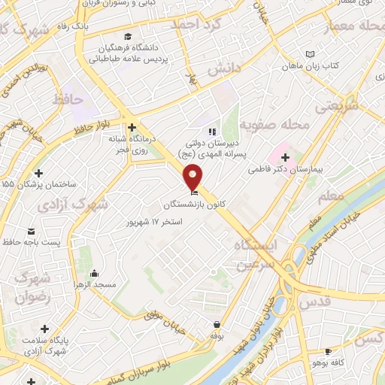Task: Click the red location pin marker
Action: point(193,177)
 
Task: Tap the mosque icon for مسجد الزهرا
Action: point(93,273)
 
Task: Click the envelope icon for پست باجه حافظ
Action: point(31,230)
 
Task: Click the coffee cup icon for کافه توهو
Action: point(328,351)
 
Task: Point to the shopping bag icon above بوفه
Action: point(217,325)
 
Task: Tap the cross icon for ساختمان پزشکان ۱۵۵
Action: point(38,172)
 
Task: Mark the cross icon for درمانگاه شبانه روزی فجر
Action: point(132,127)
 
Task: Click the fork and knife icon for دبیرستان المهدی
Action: point(211,132)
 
